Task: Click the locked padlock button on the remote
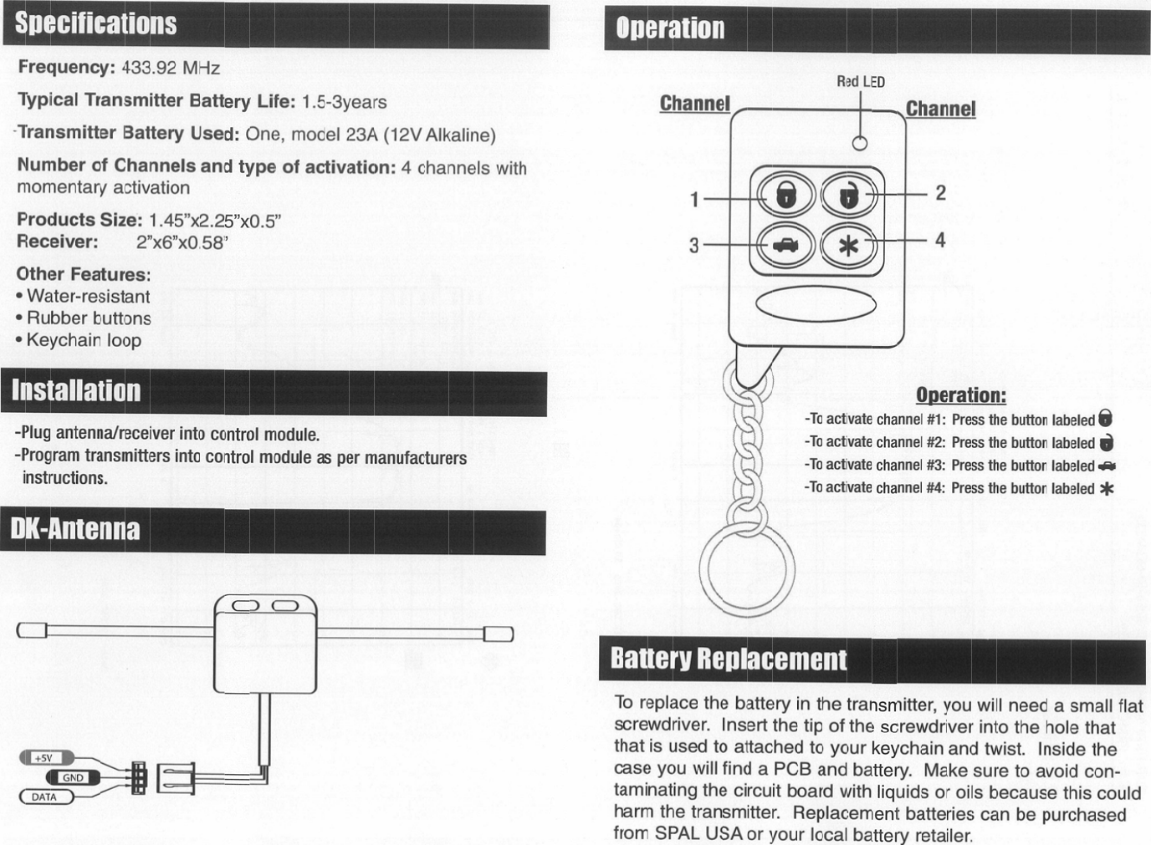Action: click(785, 196)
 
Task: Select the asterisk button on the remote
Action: click(848, 246)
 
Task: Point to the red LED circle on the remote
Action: click(859, 143)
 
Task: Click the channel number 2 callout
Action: click(940, 193)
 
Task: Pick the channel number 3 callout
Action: click(693, 246)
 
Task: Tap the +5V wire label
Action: click(43, 758)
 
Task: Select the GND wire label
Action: click(73, 777)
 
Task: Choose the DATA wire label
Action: click(44, 797)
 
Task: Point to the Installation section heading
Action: click(76, 391)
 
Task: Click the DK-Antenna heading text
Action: click(74, 529)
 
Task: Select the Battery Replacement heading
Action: click(728, 659)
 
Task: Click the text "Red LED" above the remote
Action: click(860, 82)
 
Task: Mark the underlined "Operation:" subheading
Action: click(960, 395)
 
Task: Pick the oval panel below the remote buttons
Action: click(816, 303)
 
